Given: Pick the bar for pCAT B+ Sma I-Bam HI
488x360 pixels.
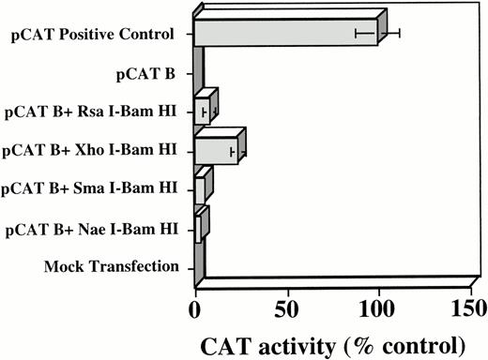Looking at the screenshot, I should point(199,188).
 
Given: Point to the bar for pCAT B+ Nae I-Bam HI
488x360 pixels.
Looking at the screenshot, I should point(197,228).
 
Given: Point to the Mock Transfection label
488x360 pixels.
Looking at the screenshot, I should point(112,266).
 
